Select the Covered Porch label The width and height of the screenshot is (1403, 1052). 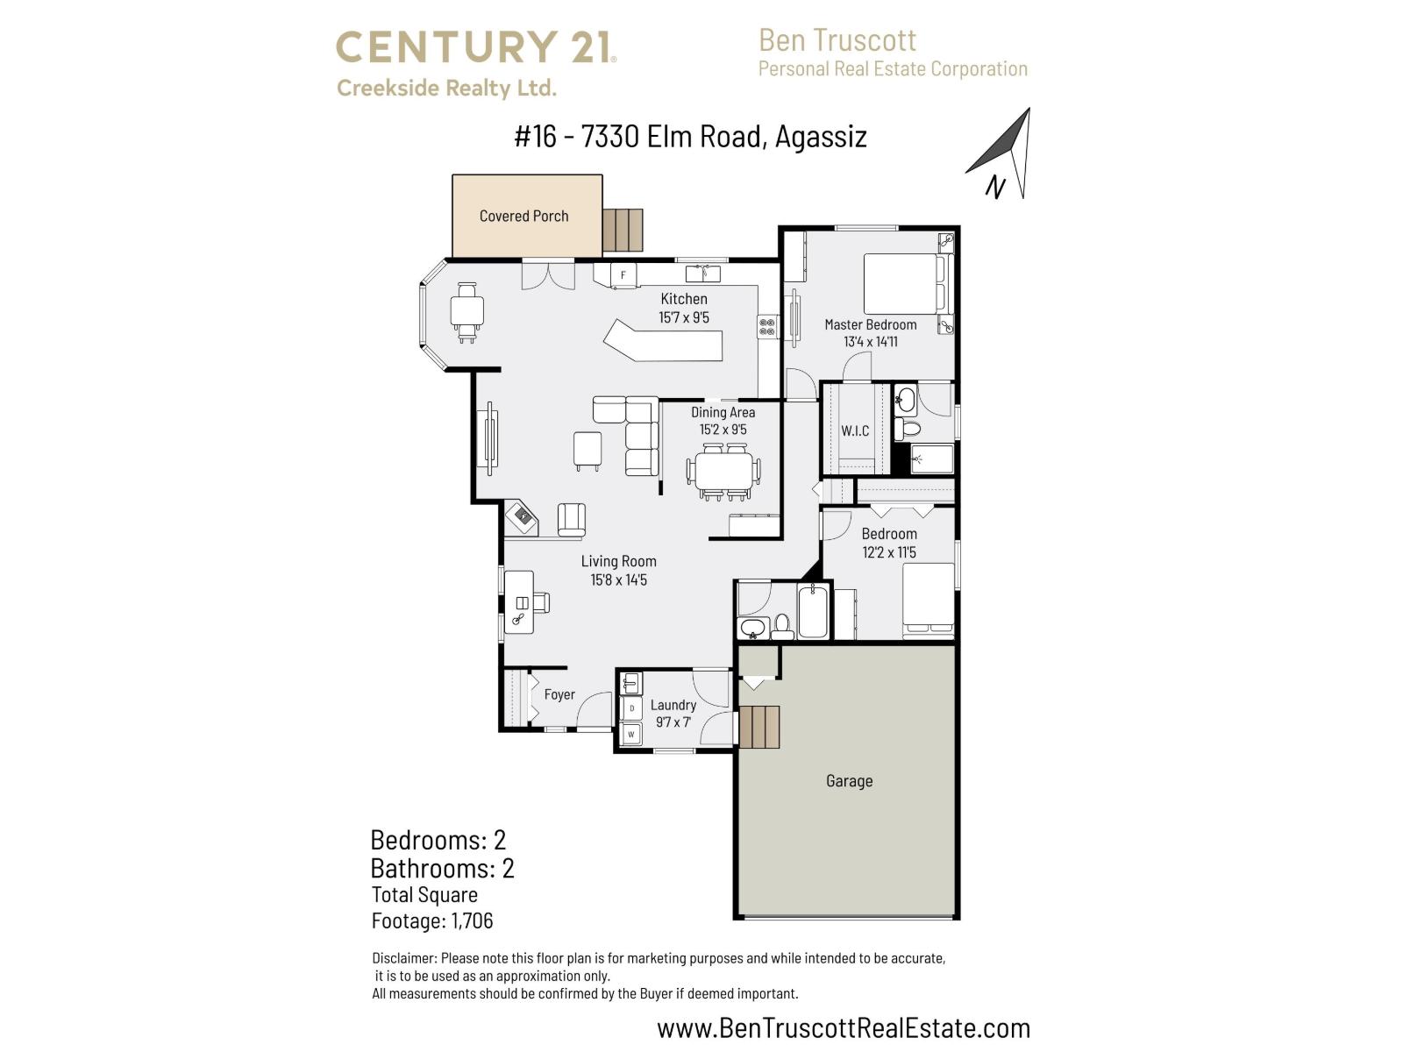point(523,216)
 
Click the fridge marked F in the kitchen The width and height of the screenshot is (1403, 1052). point(623,274)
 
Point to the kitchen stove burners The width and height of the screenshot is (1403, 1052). point(767,327)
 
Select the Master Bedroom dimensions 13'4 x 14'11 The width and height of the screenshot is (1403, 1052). point(870,342)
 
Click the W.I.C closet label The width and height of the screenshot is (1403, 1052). point(855,430)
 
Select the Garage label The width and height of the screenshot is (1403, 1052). point(849,780)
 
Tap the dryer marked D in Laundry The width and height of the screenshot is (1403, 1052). point(631,708)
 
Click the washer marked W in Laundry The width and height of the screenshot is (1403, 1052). point(631,734)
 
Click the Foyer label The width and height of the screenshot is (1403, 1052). point(559,694)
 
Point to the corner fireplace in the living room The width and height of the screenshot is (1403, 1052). point(523,517)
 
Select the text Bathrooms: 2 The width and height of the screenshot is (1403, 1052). point(442,868)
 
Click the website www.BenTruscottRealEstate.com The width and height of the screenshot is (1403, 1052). point(844,1027)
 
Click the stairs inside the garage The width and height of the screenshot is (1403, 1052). point(760,727)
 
